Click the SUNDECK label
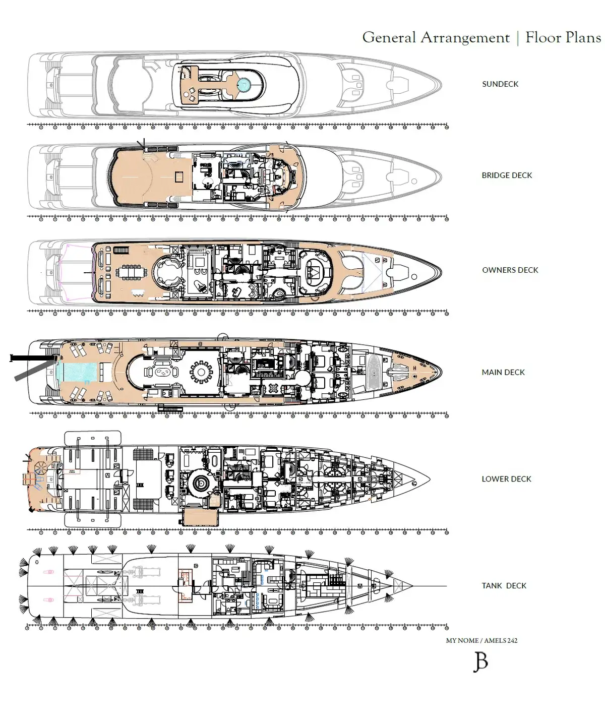(500, 84)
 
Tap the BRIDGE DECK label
(507, 175)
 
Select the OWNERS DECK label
(510, 270)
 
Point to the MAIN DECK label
(503, 372)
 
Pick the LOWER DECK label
(506, 478)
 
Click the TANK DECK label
(504, 585)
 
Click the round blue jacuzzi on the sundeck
(244, 84)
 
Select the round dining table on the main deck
(201, 372)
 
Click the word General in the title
(389, 37)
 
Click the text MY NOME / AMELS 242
(481, 640)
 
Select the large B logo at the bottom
(480, 662)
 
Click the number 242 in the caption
(512, 640)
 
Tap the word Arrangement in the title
(465, 38)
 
